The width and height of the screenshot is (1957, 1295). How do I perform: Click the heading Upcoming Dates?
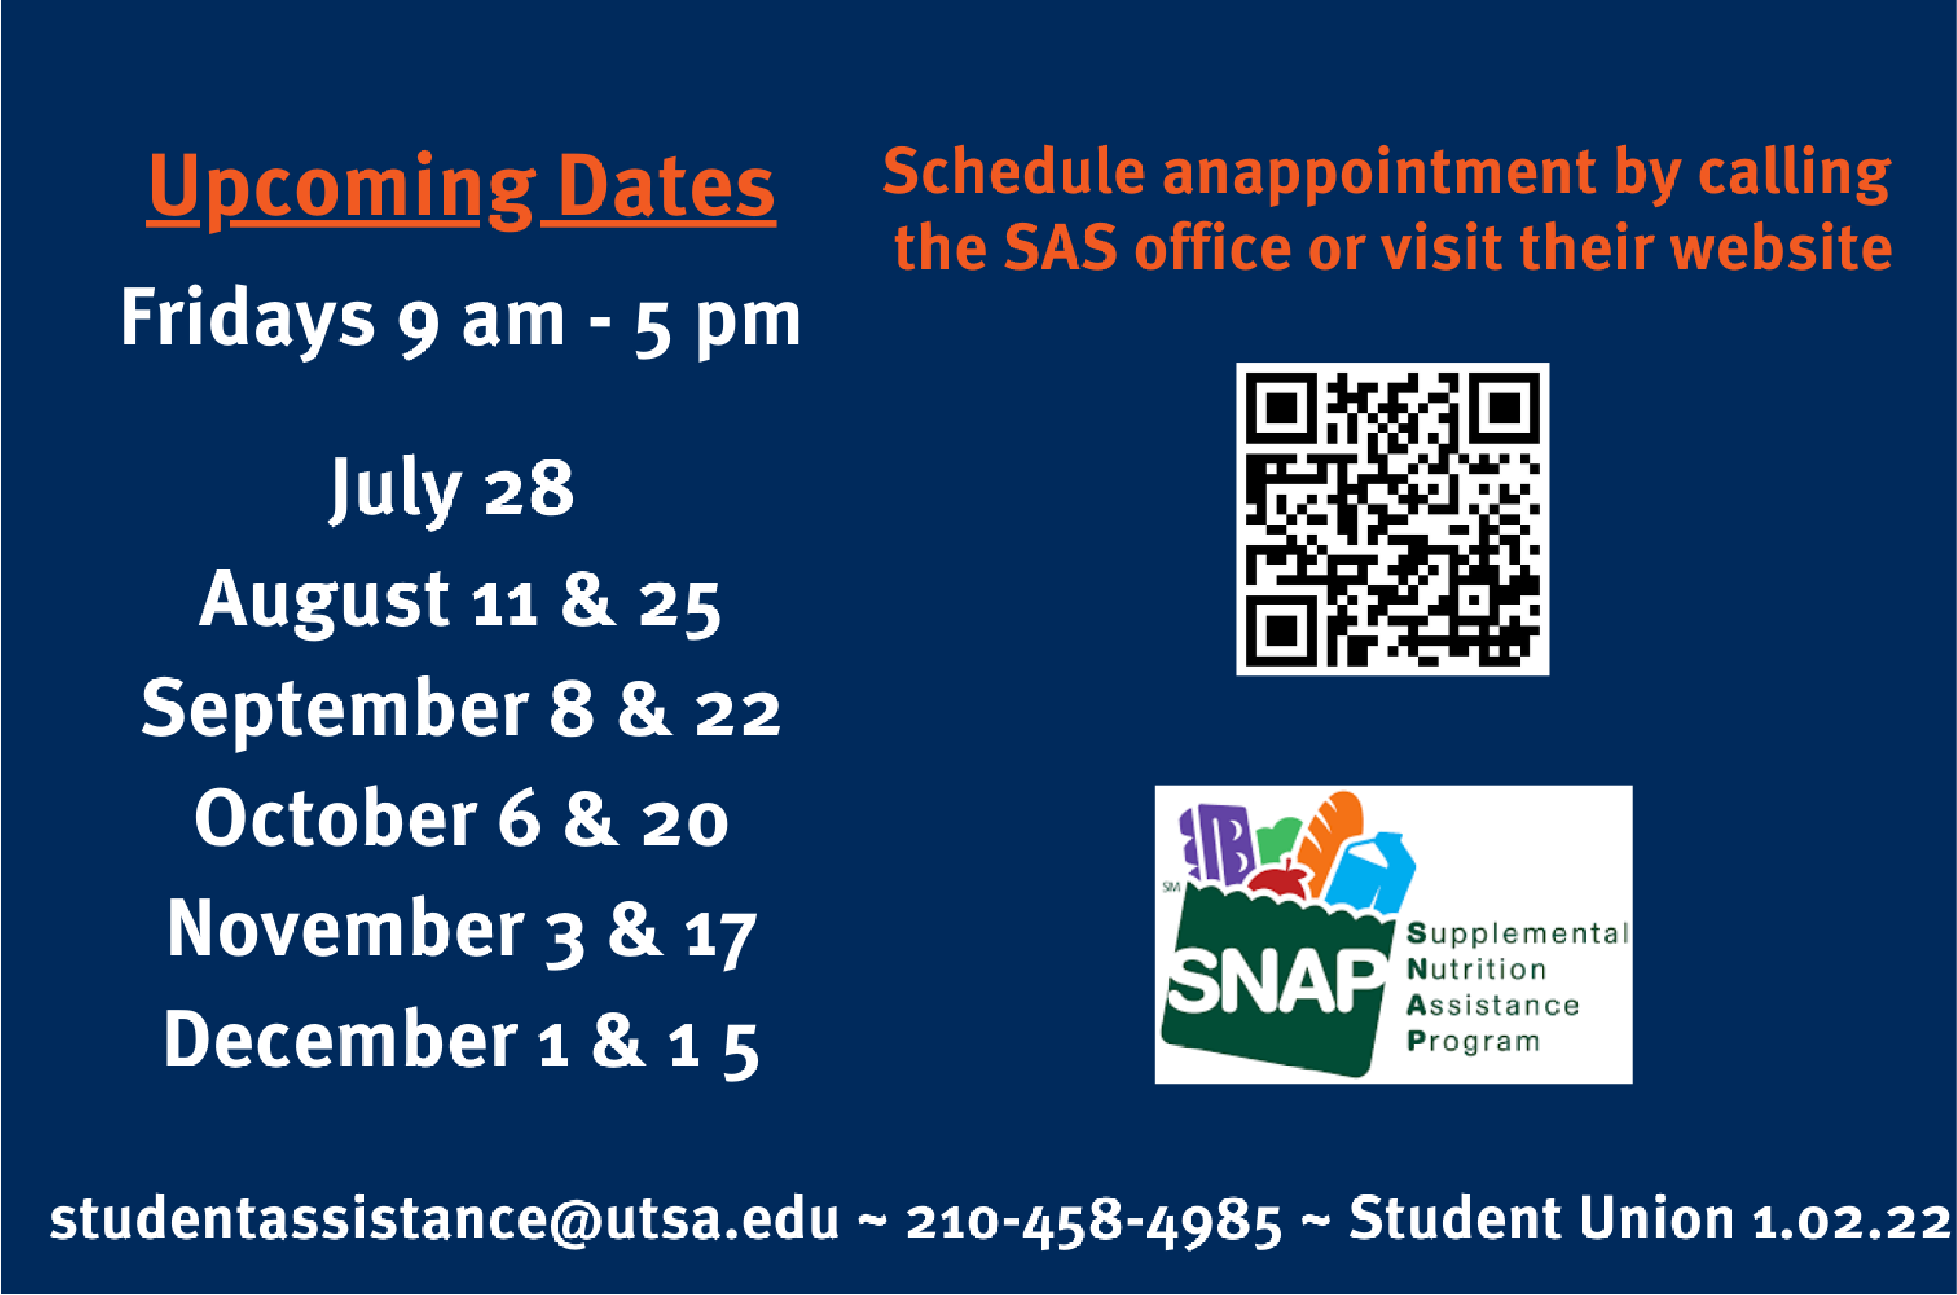coord(462,188)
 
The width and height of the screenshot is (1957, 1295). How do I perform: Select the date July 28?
coord(452,490)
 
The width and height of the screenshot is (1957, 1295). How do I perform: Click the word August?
coord(324,602)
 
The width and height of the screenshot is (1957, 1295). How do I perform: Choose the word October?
coord(336,818)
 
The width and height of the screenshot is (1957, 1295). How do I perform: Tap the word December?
coord(340,1038)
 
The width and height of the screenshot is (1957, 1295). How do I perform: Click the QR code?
coord(1392,519)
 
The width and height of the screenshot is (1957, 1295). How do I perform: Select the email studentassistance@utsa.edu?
coord(444,1219)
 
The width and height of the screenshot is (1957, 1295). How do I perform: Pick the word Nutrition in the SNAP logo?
coord(1476,969)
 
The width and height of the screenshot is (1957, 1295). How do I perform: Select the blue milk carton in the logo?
coord(1375,873)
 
